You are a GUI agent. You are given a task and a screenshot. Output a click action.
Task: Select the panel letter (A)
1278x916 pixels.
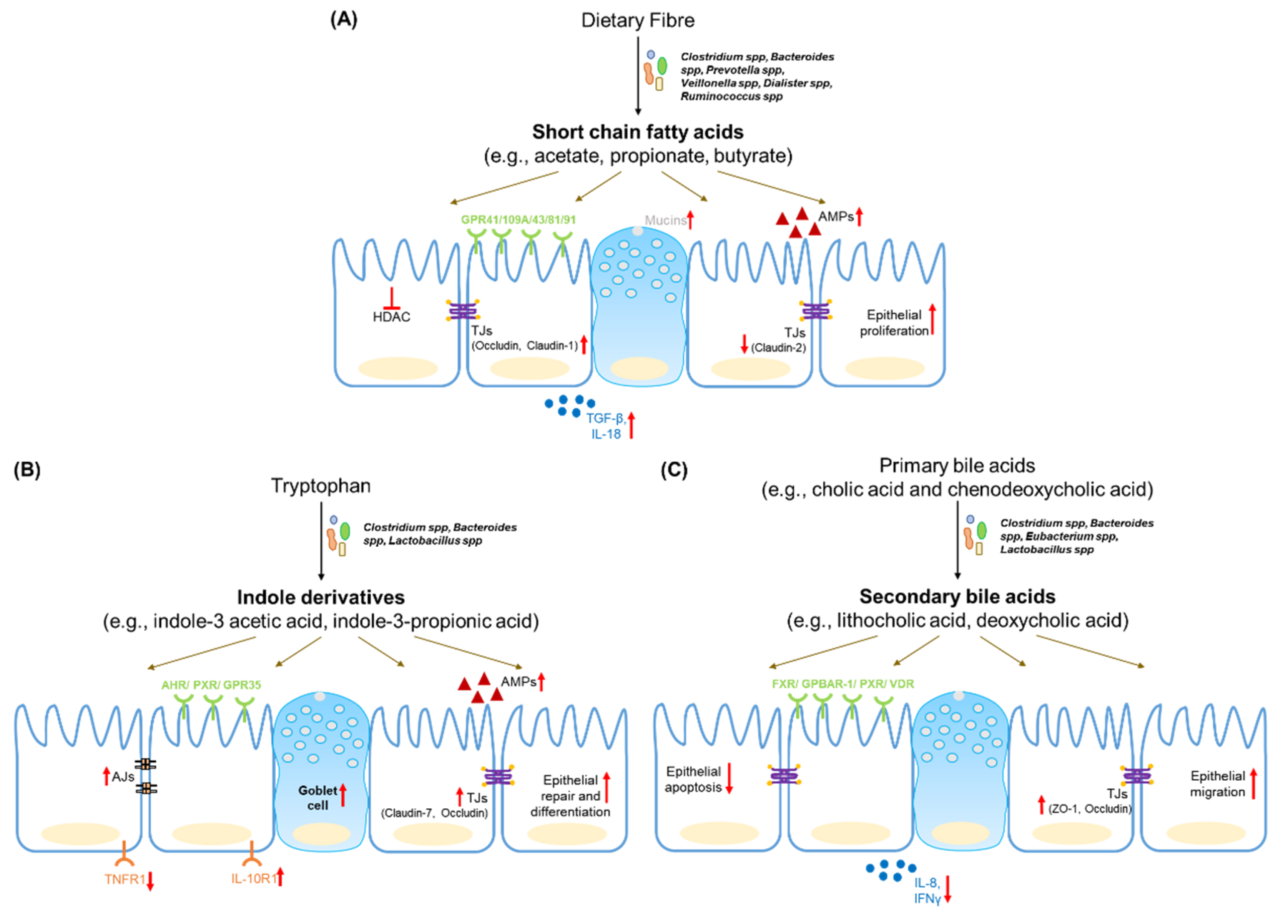coord(343,19)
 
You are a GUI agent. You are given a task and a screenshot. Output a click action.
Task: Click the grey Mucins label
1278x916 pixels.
coord(665,220)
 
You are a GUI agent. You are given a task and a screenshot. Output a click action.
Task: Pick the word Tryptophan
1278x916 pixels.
coord(321,485)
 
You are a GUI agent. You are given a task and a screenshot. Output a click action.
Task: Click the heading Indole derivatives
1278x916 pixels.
coord(321,597)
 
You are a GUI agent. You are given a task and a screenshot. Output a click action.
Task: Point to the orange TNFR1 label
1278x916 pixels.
coord(125,879)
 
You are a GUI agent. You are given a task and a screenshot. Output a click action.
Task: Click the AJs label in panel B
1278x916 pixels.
coord(123,777)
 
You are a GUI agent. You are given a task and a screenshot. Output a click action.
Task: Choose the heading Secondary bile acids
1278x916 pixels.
coord(957,597)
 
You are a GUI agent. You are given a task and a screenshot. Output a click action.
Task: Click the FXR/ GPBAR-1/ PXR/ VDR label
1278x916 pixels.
coord(843,684)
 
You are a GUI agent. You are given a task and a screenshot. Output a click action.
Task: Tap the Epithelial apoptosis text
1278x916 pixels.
coord(693,779)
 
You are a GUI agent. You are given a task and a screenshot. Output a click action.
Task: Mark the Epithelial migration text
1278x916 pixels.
coord(1217,783)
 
